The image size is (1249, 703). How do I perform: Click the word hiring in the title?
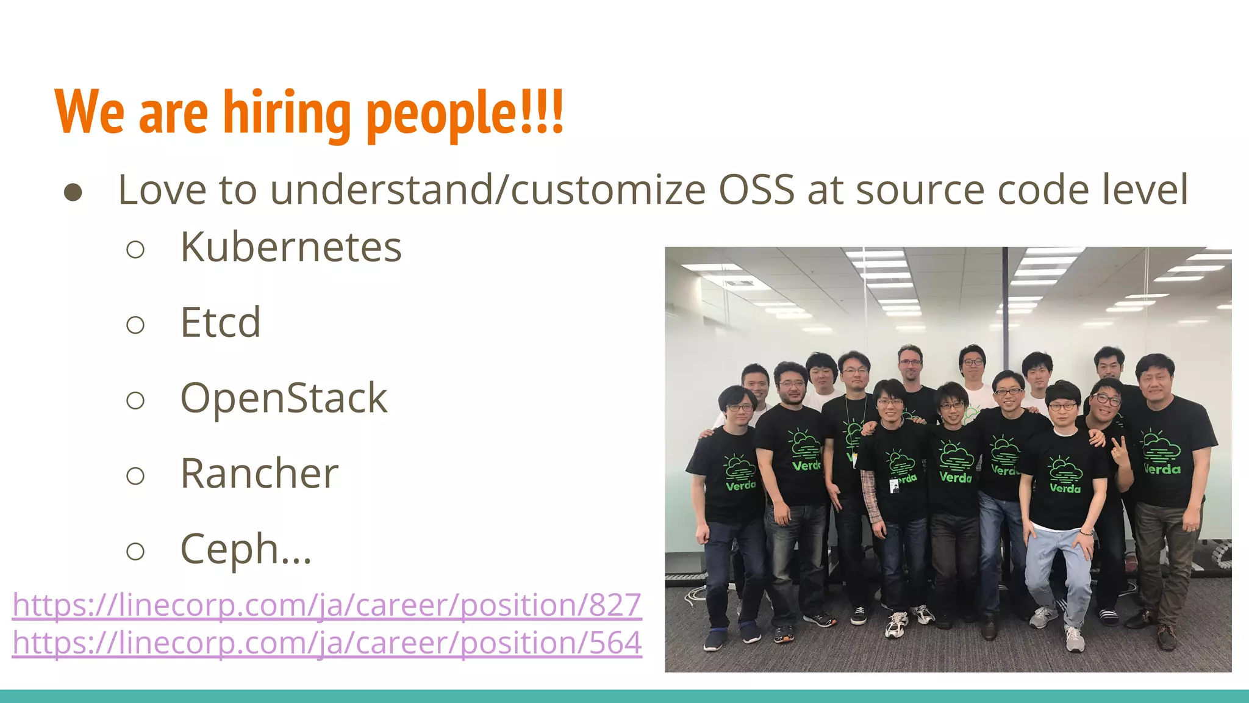[286, 113]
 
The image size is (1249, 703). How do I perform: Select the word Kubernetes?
[291, 247]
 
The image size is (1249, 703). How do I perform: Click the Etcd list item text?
[220, 322]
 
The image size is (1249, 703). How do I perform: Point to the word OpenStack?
[284, 398]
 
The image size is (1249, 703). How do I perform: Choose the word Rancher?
[259, 474]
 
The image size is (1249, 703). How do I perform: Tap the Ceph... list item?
[246, 549]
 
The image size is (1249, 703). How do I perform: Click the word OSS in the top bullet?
[757, 190]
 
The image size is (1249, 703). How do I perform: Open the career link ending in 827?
[327, 605]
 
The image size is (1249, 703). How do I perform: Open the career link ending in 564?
[327, 643]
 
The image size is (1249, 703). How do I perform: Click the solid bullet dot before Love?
[73, 192]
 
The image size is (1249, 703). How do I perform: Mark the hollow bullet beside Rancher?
[135, 476]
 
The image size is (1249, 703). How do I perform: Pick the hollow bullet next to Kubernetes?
[135, 250]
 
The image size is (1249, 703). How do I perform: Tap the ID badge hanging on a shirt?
[893, 486]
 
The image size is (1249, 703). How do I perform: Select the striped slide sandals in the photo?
[1108, 617]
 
